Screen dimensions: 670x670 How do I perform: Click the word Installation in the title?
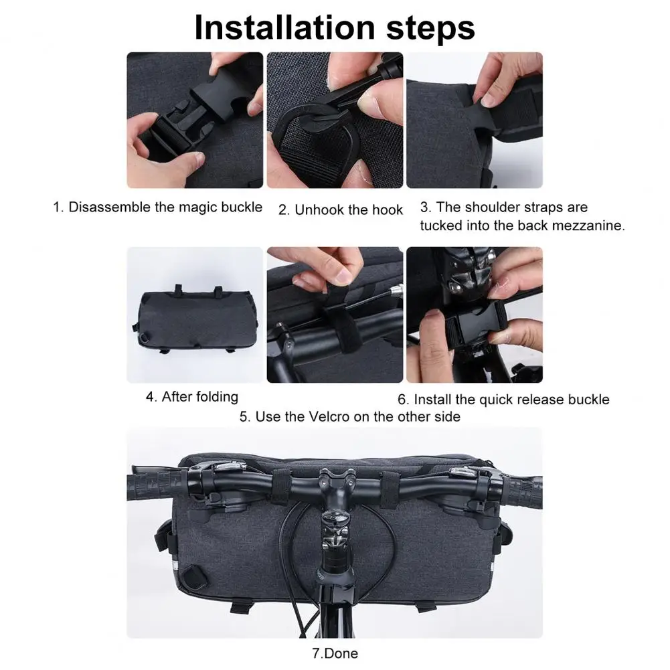click(x=284, y=27)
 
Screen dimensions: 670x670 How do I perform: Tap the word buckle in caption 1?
click(x=242, y=207)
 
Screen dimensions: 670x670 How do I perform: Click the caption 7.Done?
click(x=335, y=653)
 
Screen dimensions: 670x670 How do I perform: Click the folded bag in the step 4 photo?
click(x=197, y=319)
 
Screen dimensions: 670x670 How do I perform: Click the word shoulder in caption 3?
click(x=491, y=207)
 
